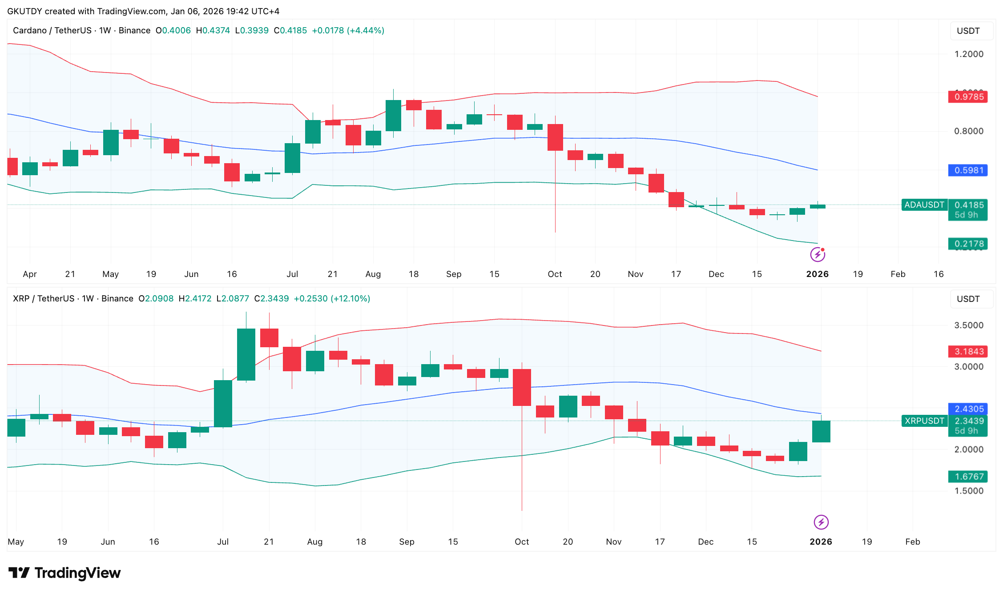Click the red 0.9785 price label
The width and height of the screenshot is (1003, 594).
(968, 96)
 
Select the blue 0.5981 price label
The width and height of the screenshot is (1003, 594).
(968, 170)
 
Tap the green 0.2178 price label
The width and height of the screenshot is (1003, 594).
(968, 244)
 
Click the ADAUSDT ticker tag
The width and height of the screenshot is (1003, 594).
(924, 205)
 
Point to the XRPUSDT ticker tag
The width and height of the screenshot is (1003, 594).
(924, 421)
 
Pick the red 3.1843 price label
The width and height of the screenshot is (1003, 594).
(968, 351)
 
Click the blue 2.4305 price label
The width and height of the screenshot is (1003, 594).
(968, 409)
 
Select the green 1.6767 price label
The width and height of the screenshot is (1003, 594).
(968, 477)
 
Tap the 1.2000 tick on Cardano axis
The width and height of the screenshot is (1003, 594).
(968, 54)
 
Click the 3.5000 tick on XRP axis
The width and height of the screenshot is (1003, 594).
(968, 325)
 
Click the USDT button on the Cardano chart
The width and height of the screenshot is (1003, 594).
(968, 31)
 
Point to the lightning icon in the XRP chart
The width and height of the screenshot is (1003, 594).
(821, 522)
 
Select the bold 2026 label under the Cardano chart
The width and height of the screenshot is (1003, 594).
(817, 274)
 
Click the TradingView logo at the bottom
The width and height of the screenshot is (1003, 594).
(64, 573)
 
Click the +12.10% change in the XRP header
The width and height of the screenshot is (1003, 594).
(352, 298)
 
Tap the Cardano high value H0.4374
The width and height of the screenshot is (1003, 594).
(213, 30)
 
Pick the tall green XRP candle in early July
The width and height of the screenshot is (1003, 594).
(223, 403)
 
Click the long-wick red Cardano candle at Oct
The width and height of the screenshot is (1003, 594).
(555, 137)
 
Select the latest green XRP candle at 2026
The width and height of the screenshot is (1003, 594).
(821, 431)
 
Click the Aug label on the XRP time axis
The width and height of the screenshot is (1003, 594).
(314, 542)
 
